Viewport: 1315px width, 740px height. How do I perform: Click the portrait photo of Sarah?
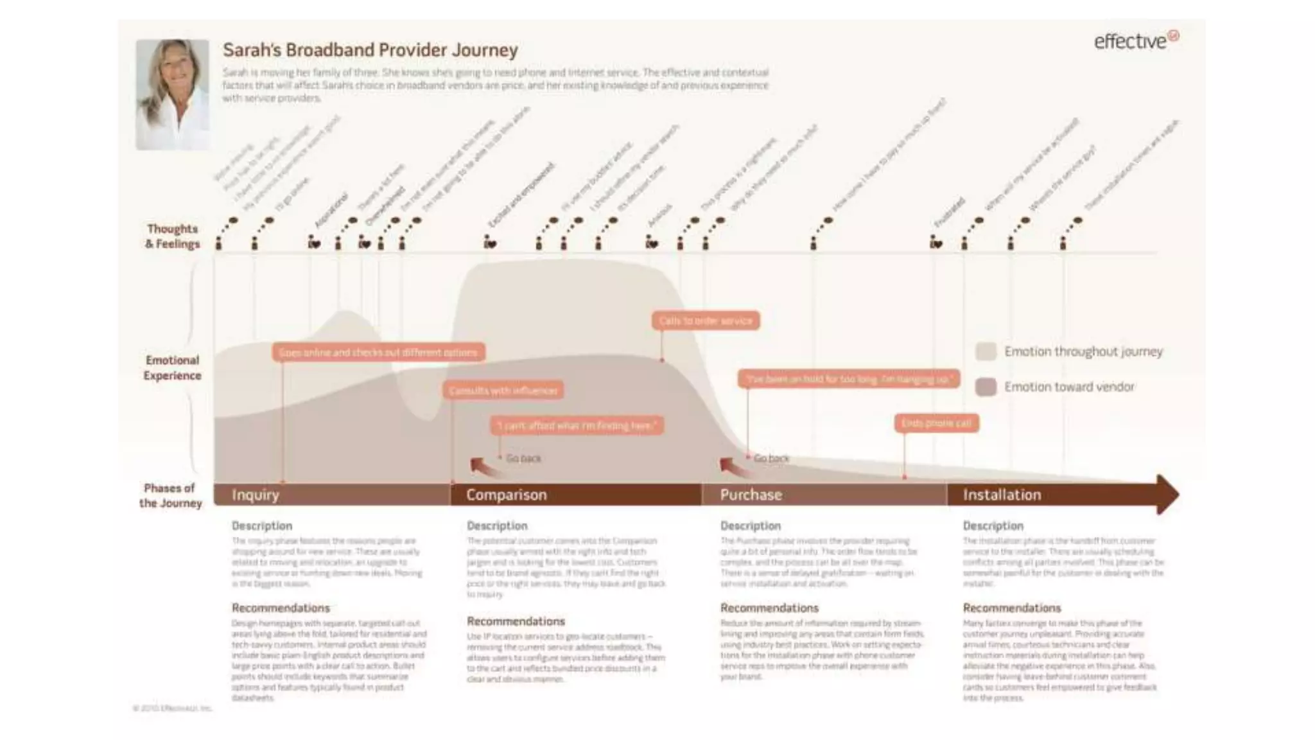[x=172, y=94]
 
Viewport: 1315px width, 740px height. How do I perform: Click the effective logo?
[x=1135, y=41]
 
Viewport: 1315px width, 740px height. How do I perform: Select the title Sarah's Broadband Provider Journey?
[x=370, y=50]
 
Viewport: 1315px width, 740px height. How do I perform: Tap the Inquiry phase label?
[x=256, y=495]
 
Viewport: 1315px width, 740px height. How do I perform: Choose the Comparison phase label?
[x=507, y=495]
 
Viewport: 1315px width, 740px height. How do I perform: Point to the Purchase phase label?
[x=751, y=495]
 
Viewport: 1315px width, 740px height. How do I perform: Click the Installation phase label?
[x=1002, y=495]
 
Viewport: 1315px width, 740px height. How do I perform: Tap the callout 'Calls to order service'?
[x=706, y=321]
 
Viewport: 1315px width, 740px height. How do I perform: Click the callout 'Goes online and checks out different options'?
[x=378, y=352]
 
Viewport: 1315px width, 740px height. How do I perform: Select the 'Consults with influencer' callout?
[x=503, y=391]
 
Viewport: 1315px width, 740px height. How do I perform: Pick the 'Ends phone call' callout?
[x=936, y=423]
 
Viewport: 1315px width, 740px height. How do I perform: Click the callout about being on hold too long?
[x=848, y=379]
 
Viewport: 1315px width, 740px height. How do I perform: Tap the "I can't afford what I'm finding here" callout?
[x=577, y=425]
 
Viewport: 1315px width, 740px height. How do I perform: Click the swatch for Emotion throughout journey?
[x=986, y=351]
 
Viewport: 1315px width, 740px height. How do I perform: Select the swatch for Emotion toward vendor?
[x=986, y=387]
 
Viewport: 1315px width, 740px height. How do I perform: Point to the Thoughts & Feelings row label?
[x=172, y=236]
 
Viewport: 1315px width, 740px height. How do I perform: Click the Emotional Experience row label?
[x=172, y=367]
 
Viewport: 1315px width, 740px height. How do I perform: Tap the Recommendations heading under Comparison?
[x=516, y=621]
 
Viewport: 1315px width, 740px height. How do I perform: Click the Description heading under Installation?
[x=993, y=525]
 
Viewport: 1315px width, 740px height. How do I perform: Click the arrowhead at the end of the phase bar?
[x=1167, y=494]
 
